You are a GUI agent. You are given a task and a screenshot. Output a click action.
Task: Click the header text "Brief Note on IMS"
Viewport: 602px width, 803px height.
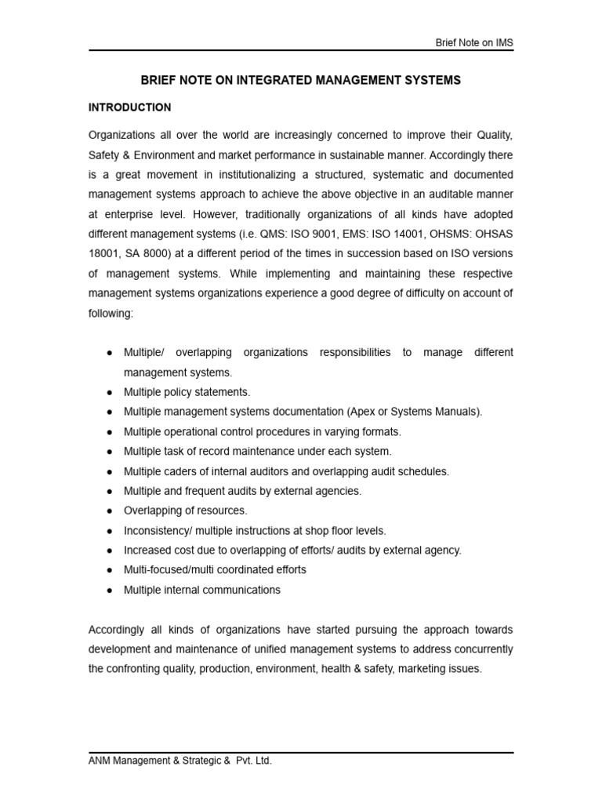(474, 42)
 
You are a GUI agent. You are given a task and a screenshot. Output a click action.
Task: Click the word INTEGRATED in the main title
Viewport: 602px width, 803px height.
(271, 81)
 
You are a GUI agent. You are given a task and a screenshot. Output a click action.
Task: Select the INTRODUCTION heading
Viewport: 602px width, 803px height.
(129, 107)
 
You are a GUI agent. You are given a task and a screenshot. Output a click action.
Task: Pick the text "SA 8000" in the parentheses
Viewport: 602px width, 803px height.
(140, 254)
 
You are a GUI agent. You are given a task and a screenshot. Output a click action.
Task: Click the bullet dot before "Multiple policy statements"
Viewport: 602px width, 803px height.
(109, 392)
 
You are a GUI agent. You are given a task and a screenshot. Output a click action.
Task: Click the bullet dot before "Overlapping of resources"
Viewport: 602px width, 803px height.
(109, 511)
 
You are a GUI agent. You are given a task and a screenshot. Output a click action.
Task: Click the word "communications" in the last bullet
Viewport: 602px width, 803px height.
(243, 590)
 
